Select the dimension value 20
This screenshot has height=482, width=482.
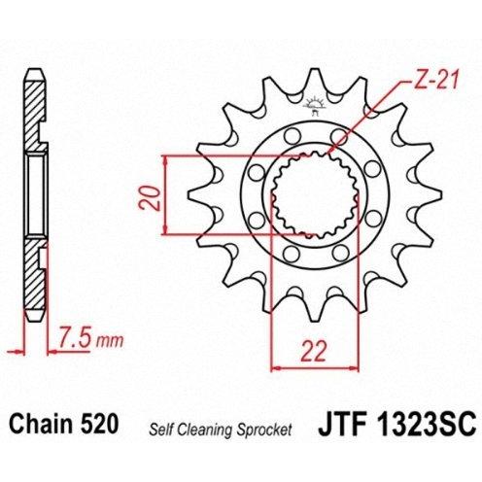pyautogui.click(x=149, y=198)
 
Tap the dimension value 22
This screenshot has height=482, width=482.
pyautogui.click(x=313, y=351)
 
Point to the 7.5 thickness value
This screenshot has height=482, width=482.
pyautogui.click(x=75, y=340)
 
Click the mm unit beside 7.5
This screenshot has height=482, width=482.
pyautogui.click(x=110, y=341)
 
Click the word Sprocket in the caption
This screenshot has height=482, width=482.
pyautogui.click(x=264, y=430)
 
